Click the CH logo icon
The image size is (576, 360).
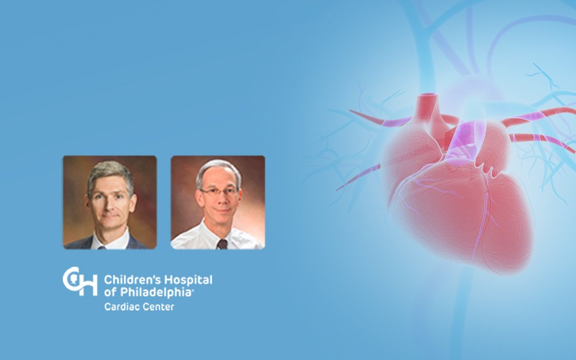(x=80, y=281)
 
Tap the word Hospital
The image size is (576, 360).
(x=188, y=281)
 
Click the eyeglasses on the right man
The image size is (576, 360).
(x=219, y=191)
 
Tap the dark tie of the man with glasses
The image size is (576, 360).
(x=222, y=244)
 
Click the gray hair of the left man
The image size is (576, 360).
(x=110, y=175)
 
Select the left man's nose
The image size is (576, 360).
(x=109, y=204)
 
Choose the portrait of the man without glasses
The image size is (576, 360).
(x=110, y=202)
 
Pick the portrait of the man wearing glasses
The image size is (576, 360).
(x=218, y=202)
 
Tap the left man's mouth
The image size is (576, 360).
(x=109, y=216)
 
